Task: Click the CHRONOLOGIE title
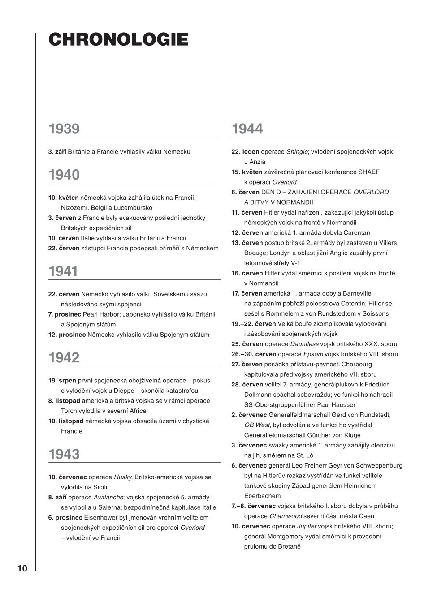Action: (x=118, y=39)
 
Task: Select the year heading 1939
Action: (x=64, y=129)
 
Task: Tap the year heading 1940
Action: (x=64, y=175)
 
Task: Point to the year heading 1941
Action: (x=63, y=271)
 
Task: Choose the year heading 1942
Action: (x=64, y=358)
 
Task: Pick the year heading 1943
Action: (x=64, y=454)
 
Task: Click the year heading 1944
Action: (x=247, y=129)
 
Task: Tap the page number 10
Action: (x=22, y=569)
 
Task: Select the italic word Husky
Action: (x=123, y=477)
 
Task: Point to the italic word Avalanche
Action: (x=108, y=497)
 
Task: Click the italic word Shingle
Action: (x=297, y=152)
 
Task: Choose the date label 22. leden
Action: (x=245, y=152)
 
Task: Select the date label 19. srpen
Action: (x=62, y=381)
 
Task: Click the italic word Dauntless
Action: (x=304, y=344)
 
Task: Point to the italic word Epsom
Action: (x=313, y=354)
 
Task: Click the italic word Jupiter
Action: (x=307, y=526)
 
